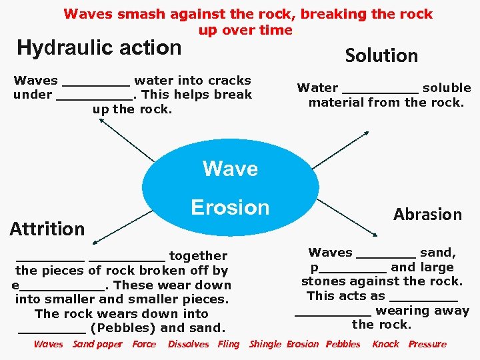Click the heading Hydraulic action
(99, 48)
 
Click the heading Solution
(381, 56)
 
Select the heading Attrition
(47, 229)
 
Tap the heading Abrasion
(427, 214)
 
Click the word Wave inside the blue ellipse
(230, 169)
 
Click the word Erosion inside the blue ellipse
(230, 207)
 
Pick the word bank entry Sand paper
(97, 344)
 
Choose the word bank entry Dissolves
(188, 344)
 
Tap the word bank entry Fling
(228, 344)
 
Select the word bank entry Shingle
(265, 344)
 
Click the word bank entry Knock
(385, 344)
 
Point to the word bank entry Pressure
(427, 344)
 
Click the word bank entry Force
(144, 344)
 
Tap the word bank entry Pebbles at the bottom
(343, 344)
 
